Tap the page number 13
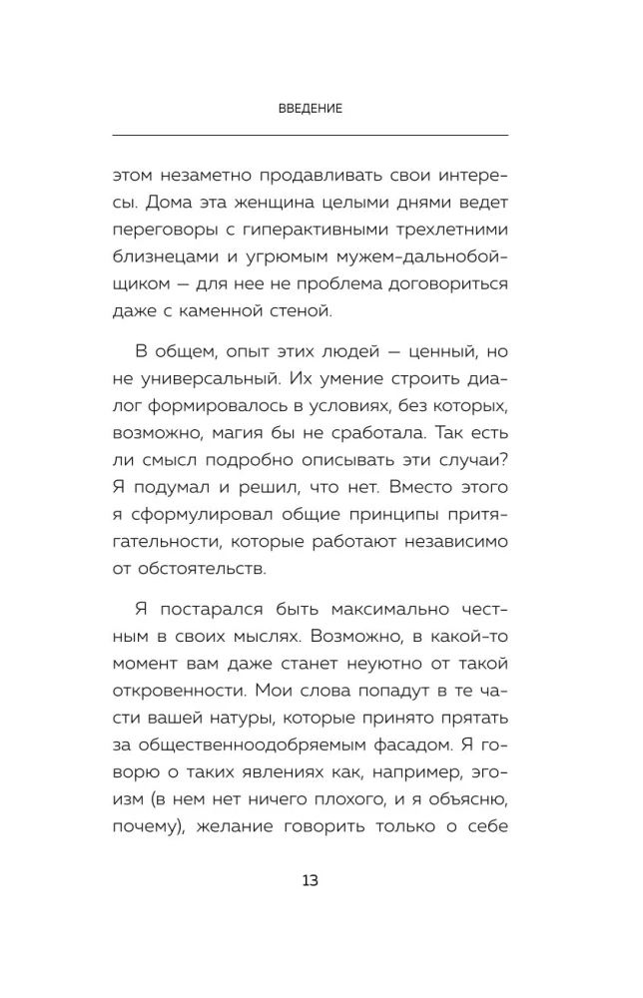310,881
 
